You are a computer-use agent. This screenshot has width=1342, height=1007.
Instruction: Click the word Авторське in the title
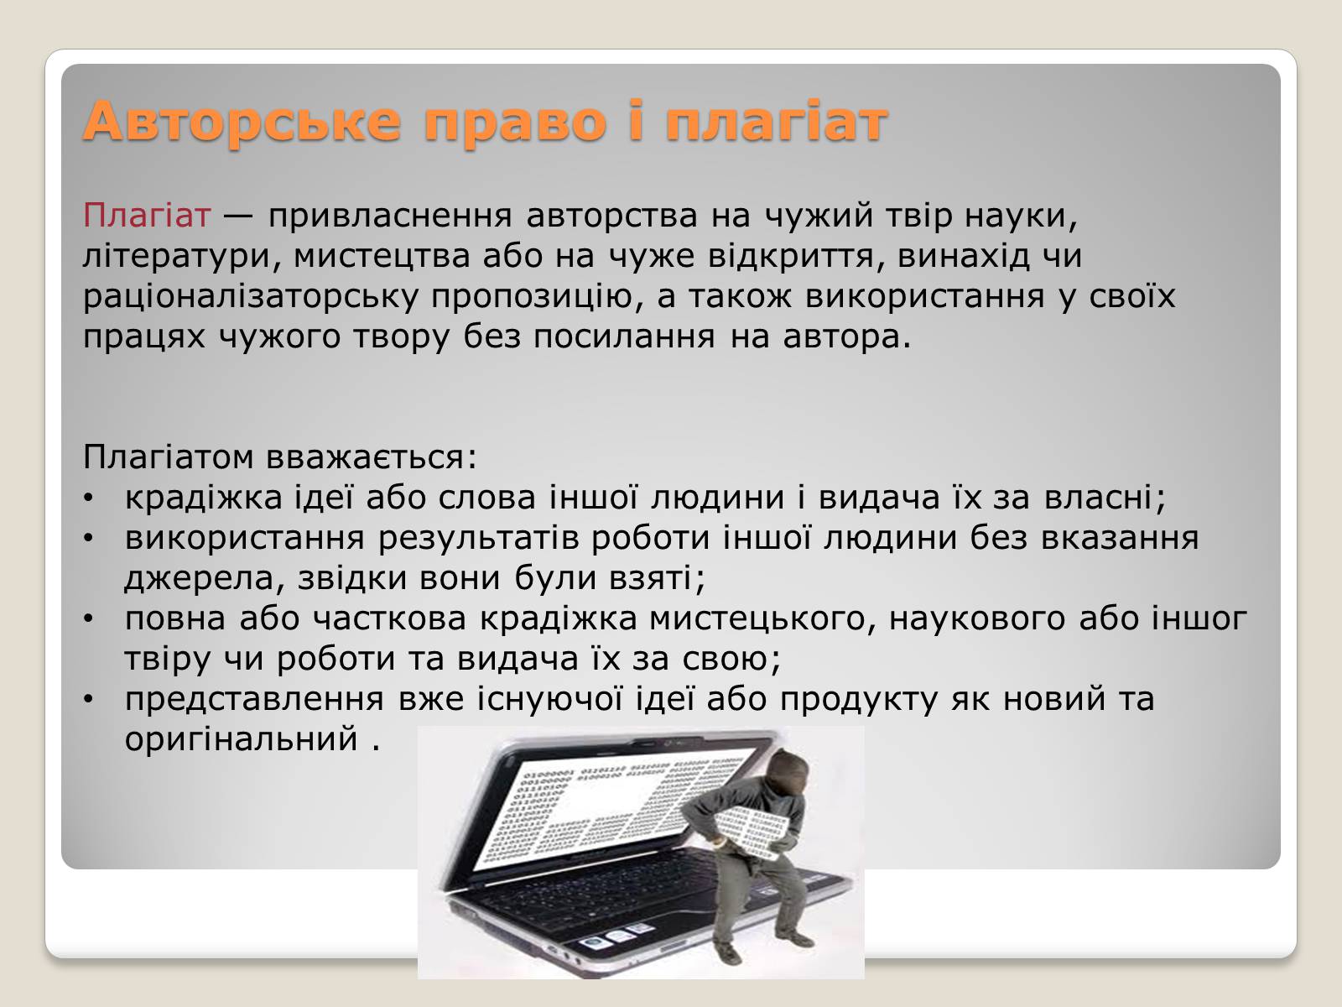pyautogui.click(x=242, y=121)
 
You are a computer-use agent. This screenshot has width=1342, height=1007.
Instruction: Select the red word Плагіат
pyautogui.click(x=147, y=215)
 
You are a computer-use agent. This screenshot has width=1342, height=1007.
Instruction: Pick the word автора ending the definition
pyautogui.click(x=847, y=337)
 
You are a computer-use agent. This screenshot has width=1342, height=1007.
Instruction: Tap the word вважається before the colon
pyautogui.click(x=371, y=457)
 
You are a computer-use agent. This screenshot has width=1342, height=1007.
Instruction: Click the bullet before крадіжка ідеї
pyautogui.click(x=89, y=499)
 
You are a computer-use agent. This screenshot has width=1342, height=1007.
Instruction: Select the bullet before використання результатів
pyautogui.click(x=89, y=540)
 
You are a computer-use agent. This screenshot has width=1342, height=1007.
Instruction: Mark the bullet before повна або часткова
pyautogui.click(x=89, y=620)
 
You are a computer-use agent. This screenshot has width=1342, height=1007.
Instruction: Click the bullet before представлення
pyautogui.click(x=89, y=700)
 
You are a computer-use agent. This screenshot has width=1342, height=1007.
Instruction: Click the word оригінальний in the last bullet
pyautogui.click(x=241, y=740)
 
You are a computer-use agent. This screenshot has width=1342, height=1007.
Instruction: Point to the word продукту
pyautogui.click(x=858, y=701)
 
